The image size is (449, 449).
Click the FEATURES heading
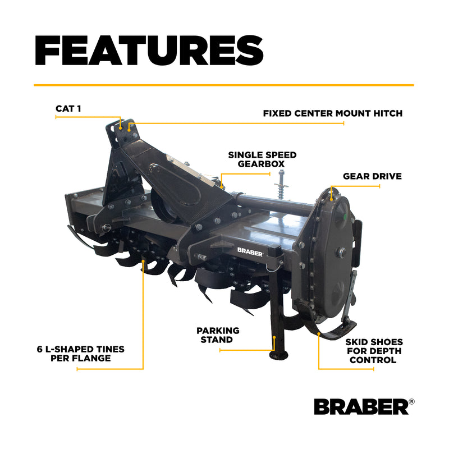click(x=149, y=51)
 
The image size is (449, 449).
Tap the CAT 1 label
click(x=68, y=108)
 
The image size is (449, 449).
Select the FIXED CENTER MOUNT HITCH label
click(x=333, y=113)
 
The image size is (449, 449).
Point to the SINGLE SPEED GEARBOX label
click(x=262, y=159)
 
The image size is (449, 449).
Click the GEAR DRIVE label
click(x=372, y=176)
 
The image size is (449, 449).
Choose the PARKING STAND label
click(x=218, y=335)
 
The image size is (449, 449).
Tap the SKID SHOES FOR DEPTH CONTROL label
click(x=374, y=351)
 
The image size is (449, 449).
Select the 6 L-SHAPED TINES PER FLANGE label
click(x=81, y=354)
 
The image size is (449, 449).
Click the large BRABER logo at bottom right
click(x=361, y=406)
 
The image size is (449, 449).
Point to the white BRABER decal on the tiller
click(x=250, y=252)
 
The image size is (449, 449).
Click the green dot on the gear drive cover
click(x=345, y=216)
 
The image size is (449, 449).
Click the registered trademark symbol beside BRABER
click(x=411, y=401)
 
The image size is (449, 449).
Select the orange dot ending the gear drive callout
click(x=332, y=199)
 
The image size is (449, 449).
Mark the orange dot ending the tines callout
click(x=143, y=261)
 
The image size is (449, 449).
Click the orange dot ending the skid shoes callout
click(x=319, y=333)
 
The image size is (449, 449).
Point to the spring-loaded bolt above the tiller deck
click(x=281, y=185)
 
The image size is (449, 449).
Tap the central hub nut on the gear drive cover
click(x=341, y=252)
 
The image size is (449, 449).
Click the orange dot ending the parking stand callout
click(x=274, y=338)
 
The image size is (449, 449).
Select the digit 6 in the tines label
click(x=40, y=349)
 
